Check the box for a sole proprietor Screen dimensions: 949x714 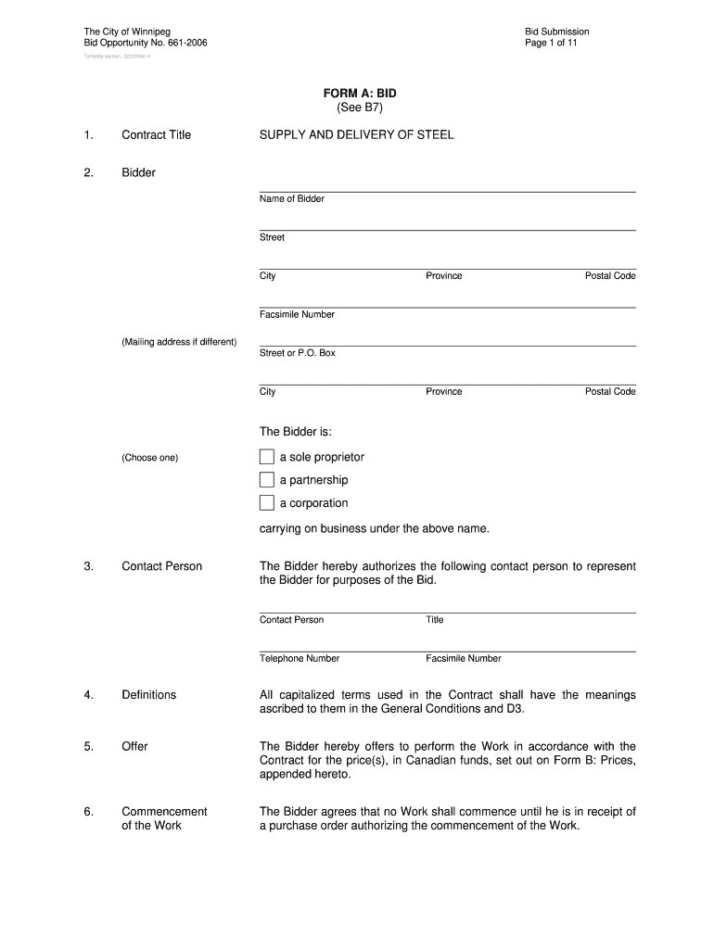coord(267,457)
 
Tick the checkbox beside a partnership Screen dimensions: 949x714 coord(267,480)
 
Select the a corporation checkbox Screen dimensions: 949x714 coord(267,503)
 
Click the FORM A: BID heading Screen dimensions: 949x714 coord(359,94)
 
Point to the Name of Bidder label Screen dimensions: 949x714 coord(292,199)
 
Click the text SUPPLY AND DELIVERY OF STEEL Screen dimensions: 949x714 coord(357,135)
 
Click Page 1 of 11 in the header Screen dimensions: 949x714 coord(551,44)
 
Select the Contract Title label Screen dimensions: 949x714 coord(156,135)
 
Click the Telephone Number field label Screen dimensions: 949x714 coord(300,659)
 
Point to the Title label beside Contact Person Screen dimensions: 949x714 coord(435,620)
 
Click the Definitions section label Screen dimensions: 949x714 coord(148,695)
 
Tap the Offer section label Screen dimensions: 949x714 coord(134,747)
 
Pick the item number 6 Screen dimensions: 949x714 coord(88,812)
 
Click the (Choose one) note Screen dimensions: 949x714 coord(149,458)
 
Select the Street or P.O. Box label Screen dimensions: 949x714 coord(298,353)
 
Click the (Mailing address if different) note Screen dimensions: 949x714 coord(179,343)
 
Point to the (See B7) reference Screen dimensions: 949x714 coord(359,108)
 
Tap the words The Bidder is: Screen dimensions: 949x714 coord(296,433)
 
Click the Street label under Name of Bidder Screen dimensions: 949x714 coord(272,238)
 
